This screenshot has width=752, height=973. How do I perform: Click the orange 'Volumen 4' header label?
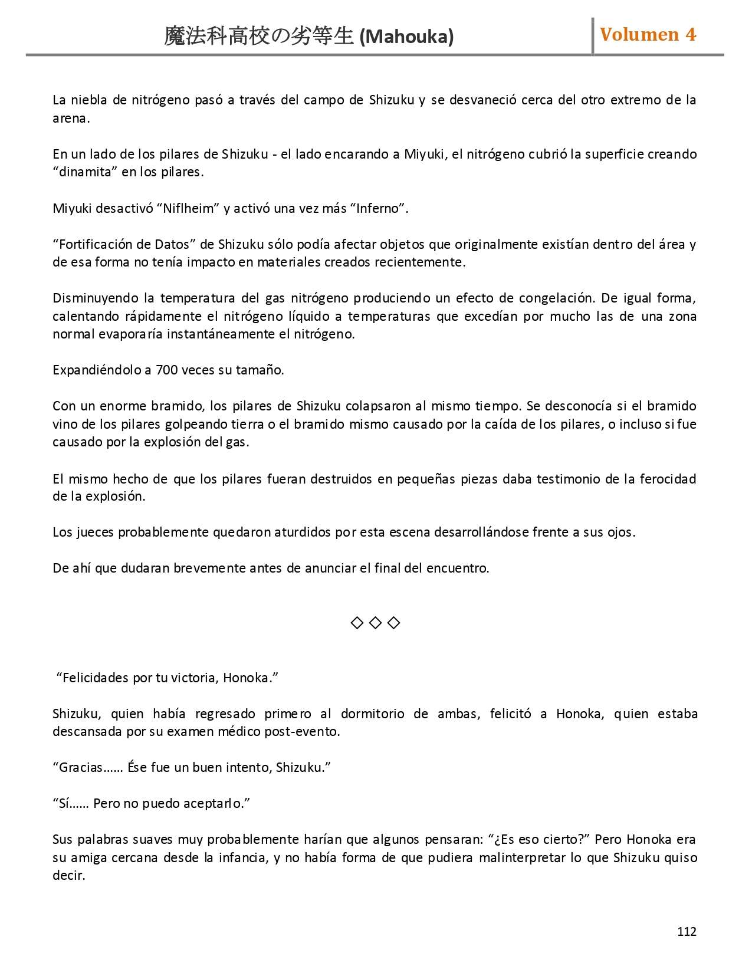point(648,35)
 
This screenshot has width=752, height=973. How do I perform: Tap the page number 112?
point(687,932)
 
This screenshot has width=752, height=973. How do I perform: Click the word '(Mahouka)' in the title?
point(406,37)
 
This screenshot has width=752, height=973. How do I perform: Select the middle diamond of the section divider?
point(375,623)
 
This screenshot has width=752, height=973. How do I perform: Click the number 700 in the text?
point(166,370)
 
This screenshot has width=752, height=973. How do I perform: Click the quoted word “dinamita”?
point(80,172)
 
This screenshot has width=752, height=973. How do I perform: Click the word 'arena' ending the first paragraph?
point(70,119)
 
